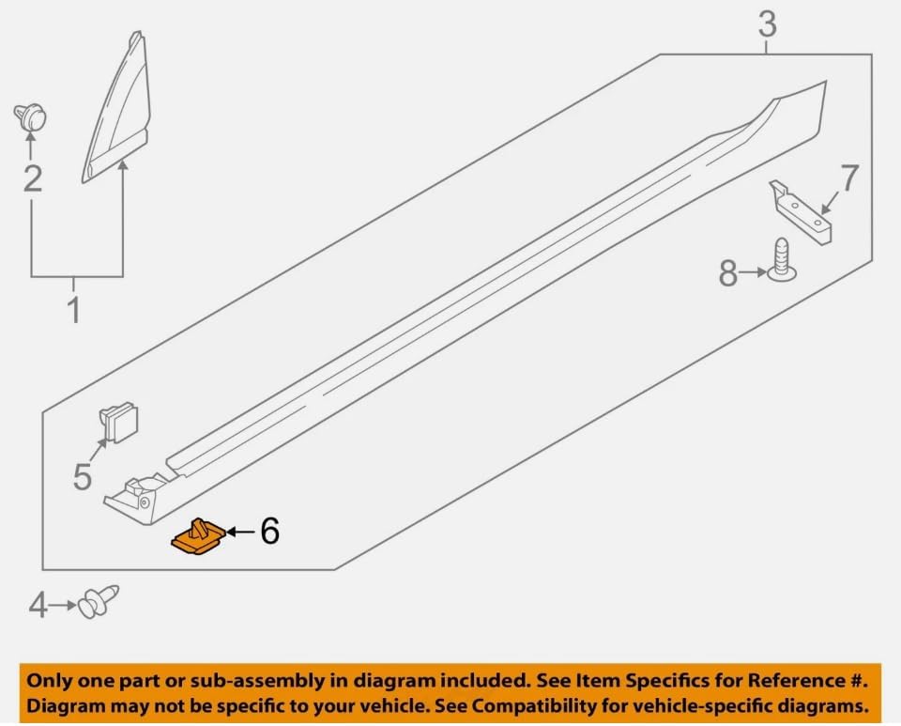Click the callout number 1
pyautogui.click(x=74, y=310)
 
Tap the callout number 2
pyautogui.click(x=33, y=178)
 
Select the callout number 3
pyautogui.click(x=767, y=24)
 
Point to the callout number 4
pyautogui.click(x=38, y=606)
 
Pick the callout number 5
pyautogui.click(x=83, y=477)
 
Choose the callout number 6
pyautogui.click(x=270, y=531)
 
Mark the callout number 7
pyautogui.click(x=850, y=178)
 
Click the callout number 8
pyautogui.click(x=728, y=272)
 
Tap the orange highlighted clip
pyautogui.click(x=199, y=537)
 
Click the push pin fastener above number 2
pyautogui.click(x=30, y=116)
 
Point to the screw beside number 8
pyautogui.click(x=781, y=260)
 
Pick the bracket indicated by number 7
pyautogui.click(x=801, y=211)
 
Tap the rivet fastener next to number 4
pyautogui.click(x=99, y=601)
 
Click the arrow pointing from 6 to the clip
pyautogui.click(x=241, y=532)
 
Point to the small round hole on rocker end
pyautogui.click(x=144, y=503)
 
